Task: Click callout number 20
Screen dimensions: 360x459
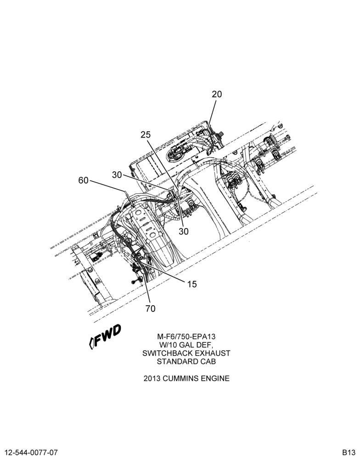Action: point(217,94)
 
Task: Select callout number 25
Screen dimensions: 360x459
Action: point(145,134)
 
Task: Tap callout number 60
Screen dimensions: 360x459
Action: point(83,180)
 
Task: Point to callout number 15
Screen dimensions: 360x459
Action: point(192,284)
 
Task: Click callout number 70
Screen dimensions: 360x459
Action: point(151,308)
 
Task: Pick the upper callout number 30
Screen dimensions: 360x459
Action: point(117,175)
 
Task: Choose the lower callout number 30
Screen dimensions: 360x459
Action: point(184,231)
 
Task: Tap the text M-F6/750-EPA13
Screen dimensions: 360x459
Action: point(186,336)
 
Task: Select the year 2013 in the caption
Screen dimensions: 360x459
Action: point(152,379)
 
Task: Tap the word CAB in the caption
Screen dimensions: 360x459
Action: point(208,362)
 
